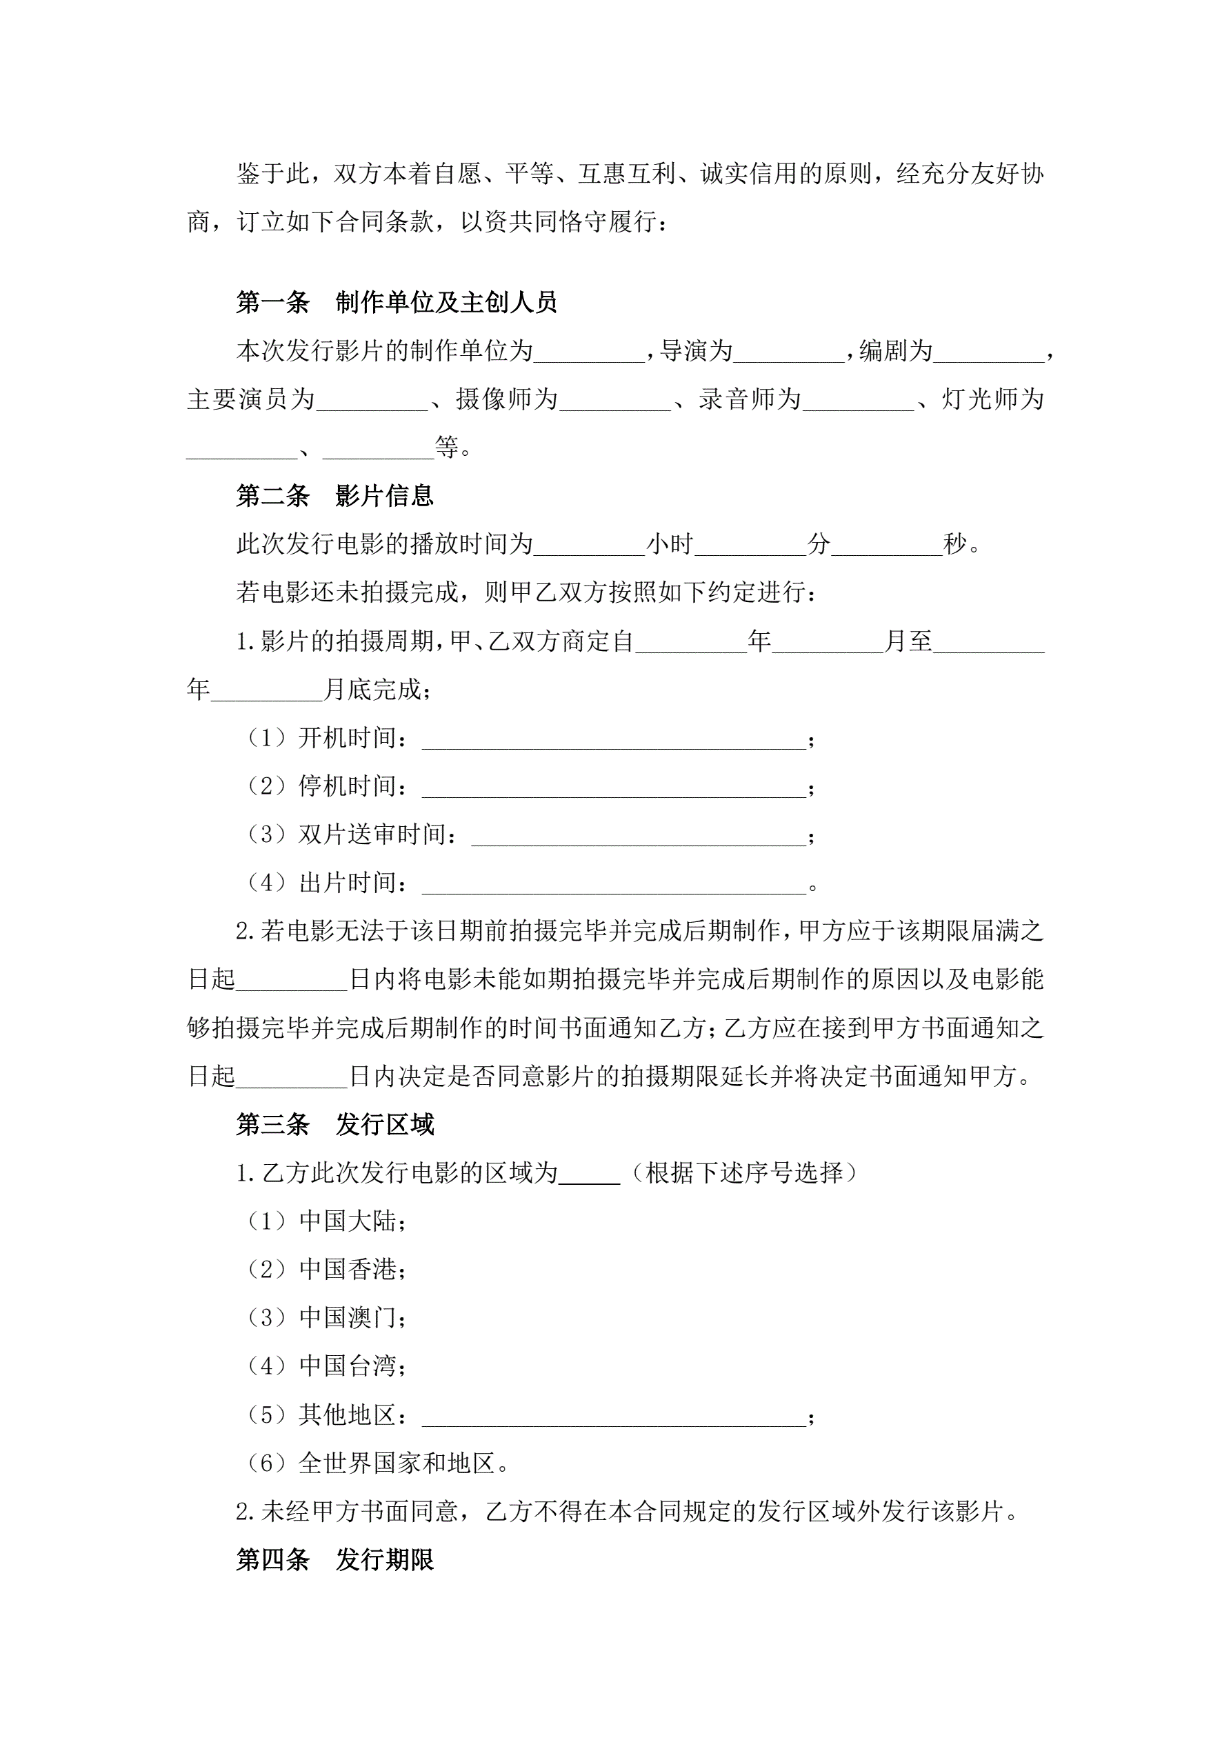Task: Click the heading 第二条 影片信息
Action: tap(334, 497)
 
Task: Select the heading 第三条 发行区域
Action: tap(334, 1125)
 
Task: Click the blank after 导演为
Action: tap(789, 352)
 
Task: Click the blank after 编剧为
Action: tap(988, 352)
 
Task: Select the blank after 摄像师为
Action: tap(614, 400)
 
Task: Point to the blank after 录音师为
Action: tap(858, 400)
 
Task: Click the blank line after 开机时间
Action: tap(614, 738)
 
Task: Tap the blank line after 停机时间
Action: tap(614, 787)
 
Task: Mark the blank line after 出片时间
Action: tap(614, 883)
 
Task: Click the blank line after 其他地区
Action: tap(614, 1416)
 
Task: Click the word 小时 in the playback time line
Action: tap(670, 544)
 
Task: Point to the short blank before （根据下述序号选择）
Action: tap(589, 1173)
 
